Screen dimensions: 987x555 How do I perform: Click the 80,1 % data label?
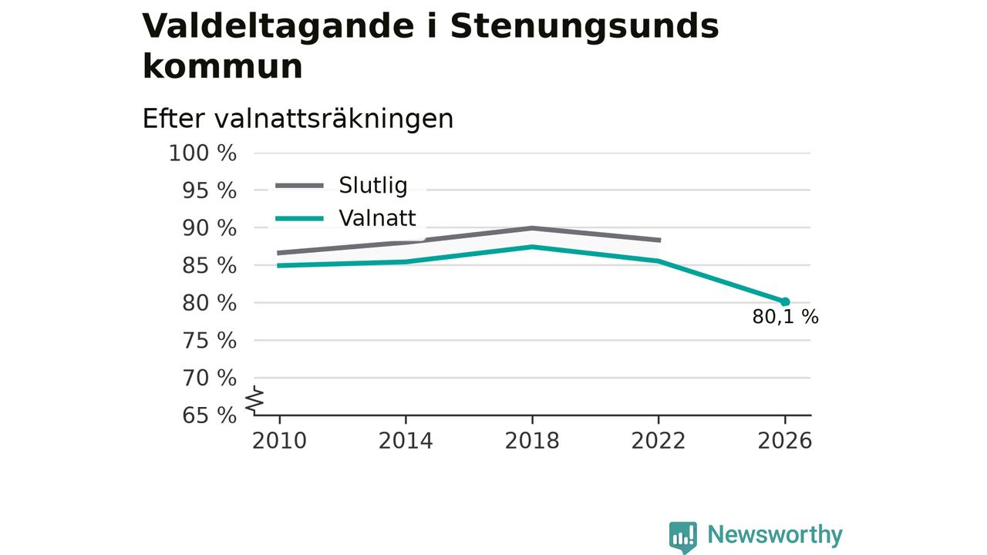tap(785, 317)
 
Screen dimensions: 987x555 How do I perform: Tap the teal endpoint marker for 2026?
tap(785, 301)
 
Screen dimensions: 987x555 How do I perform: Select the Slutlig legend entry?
tap(342, 186)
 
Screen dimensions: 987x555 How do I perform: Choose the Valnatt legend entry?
tap(345, 218)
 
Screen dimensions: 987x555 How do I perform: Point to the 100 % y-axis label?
tap(203, 153)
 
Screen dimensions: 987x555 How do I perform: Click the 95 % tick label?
tap(209, 190)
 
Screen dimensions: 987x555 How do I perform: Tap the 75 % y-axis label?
tap(209, 341)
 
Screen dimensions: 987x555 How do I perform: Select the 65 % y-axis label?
tap(209, 415)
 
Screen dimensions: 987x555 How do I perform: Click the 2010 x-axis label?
tap(279, 441)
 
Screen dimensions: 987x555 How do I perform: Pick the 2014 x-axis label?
tap(406, 441)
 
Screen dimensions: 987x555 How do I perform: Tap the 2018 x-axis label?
tap(532, 441)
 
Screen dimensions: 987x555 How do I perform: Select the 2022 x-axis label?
tap(659, 441)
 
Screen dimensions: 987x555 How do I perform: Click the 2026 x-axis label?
tap(785, 441)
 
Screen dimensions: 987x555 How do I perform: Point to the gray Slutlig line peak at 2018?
tap(532, 228)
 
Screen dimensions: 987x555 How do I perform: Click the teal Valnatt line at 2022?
tap(659, 261)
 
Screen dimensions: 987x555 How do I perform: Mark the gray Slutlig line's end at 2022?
tap(659, 240)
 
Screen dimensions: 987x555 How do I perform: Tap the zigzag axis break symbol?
tap(254, 400)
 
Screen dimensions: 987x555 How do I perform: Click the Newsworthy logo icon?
tap(683, 537)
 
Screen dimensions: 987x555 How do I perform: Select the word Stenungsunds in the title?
tap(584, 26)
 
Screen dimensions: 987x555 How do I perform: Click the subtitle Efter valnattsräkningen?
tap(298, 119)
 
